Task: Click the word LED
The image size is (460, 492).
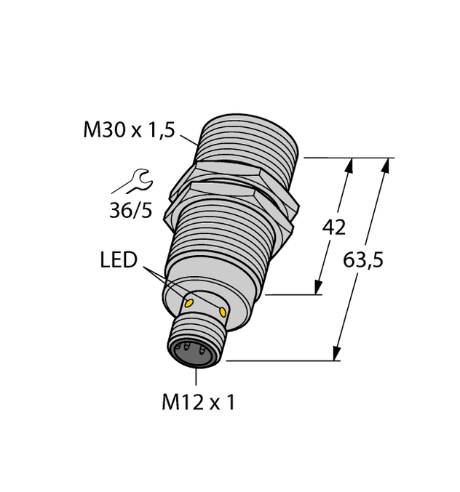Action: (119, 260)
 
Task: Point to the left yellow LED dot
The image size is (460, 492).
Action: (189, 301)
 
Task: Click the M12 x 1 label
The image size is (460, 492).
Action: (198, 402)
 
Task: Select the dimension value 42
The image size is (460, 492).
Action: (334, 227)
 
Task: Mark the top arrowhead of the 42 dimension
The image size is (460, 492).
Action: (350, 165)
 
